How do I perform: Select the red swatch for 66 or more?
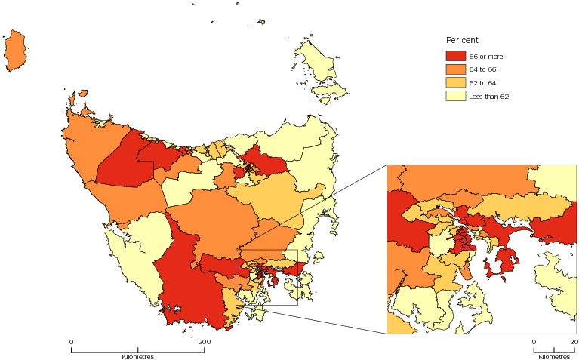point(455,56)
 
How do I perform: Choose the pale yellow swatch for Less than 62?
point(455,96)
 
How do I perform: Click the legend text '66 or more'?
point(486,57)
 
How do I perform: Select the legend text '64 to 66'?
point(483,69)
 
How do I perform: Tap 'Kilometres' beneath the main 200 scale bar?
point(137,355)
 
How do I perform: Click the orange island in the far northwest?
point(15,51)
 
